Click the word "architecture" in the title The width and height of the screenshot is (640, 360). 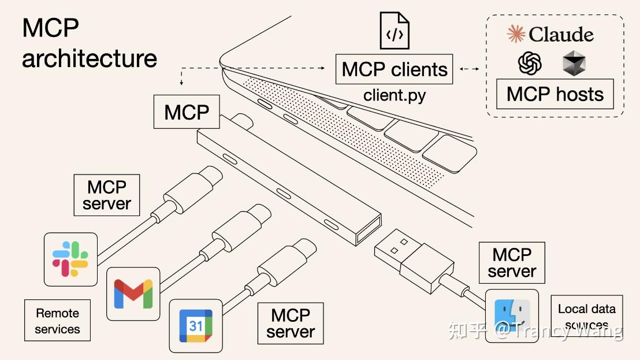(x=90, y=58)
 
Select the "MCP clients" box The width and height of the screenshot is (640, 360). (x=395, y=69)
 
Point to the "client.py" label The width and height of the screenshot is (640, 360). (x=395, y=95)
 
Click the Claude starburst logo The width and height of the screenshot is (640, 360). (x=516, y=34)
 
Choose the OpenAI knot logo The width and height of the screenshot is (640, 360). (x=530, y=63)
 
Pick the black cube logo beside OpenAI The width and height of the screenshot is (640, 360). (x=574, y=63)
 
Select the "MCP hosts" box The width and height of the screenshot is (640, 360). (x=555, y=94)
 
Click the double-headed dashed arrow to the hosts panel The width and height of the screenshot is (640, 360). (x=470, y=69)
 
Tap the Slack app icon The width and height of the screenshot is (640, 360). (x=70, y=259)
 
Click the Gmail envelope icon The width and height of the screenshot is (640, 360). (x=133, y=294)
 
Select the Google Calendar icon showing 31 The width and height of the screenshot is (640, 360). (x=196, y=326)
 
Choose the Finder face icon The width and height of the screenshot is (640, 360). (x=512, y=316)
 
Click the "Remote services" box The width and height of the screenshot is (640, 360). (x=57, y=321)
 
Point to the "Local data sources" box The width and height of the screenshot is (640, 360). (x=586, y=316)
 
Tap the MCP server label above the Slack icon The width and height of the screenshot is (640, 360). (x=107, y=195)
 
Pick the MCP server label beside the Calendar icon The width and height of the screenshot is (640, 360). (x=291, y=324)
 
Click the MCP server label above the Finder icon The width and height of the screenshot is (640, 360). (x=512, y=262)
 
